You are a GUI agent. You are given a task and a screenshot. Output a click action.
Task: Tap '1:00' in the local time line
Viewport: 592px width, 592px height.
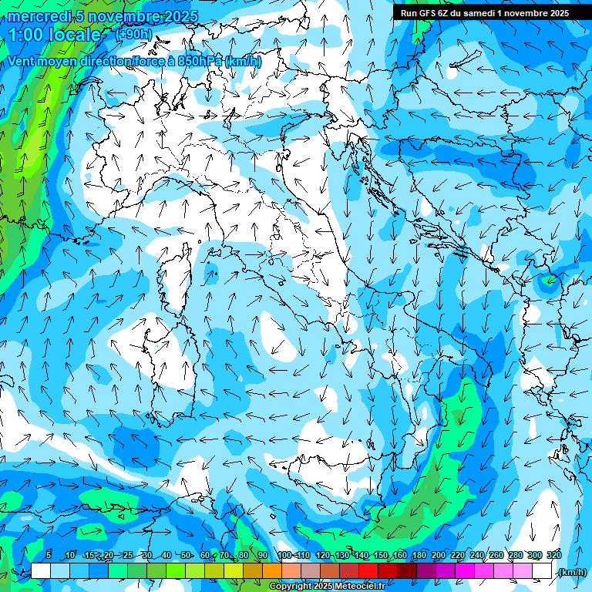click(27, 35)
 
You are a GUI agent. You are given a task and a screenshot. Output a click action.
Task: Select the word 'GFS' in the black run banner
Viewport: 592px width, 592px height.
click(429, 13)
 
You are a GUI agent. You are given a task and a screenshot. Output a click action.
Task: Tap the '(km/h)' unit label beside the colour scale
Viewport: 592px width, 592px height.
click(571, 572)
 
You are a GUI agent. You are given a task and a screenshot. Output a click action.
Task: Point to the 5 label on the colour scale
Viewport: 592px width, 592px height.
click(49, 555)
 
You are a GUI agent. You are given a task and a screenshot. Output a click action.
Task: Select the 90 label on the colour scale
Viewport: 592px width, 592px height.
click(263, 555)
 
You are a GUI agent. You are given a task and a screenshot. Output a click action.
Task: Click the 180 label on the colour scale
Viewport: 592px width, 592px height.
click(419, 555)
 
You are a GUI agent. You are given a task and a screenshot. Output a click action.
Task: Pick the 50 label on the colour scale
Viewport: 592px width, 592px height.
click(186, 555)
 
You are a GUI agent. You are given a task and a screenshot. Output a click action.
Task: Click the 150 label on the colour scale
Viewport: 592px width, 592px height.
click(380, 555)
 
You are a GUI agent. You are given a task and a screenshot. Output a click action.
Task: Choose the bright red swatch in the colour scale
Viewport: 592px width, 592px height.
click(368, 570)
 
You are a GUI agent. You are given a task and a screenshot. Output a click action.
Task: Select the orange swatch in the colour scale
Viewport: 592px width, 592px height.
click(272, 570)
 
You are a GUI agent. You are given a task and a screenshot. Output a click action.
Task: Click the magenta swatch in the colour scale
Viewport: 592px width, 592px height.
click(465, 570)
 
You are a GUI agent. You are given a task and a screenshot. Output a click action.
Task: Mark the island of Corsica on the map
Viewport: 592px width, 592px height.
click(176, 274)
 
